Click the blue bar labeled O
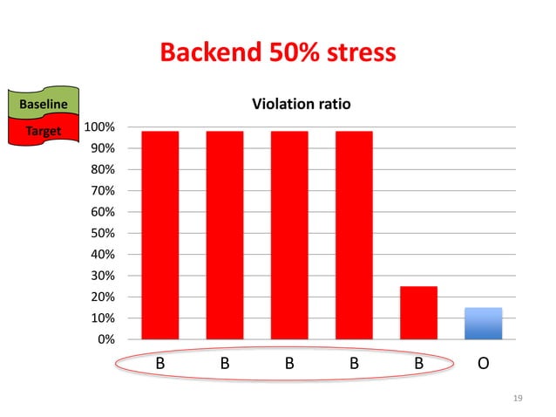click(483, 323)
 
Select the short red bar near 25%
click(418, 312)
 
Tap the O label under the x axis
click(483, 366)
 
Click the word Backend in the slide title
click(210, 54)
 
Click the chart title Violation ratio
click(301, 105)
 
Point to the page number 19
click(518, 399)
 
